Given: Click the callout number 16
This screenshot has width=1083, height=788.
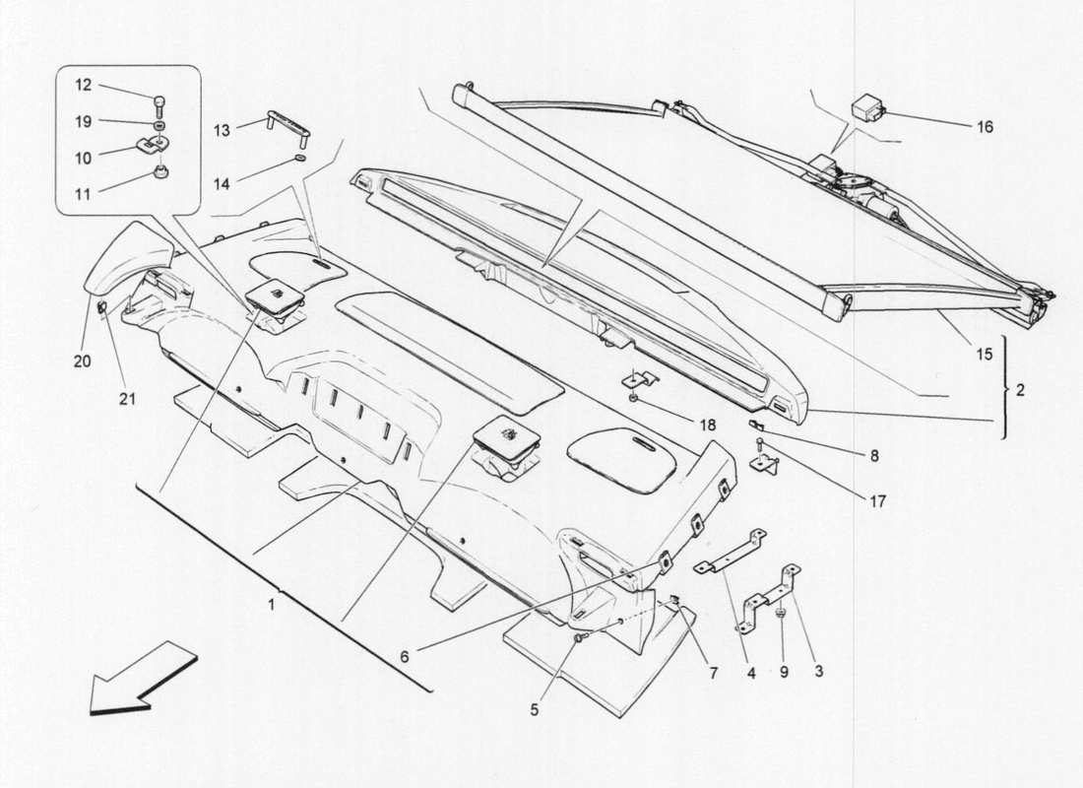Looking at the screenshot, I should (986, 127).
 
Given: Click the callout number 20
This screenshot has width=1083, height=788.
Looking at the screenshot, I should (83, 361).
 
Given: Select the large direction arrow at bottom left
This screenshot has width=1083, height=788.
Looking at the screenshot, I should (130, 678).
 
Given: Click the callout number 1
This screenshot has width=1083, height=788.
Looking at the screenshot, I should (272, 603).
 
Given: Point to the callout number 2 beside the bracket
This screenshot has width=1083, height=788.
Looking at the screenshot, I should (1021, 390).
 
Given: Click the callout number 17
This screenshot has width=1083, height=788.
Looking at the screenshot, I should (876, 500).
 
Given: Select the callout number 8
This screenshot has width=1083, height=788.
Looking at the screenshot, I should (873, 456).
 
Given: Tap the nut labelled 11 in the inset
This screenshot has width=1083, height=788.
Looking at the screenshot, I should (157, 174).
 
